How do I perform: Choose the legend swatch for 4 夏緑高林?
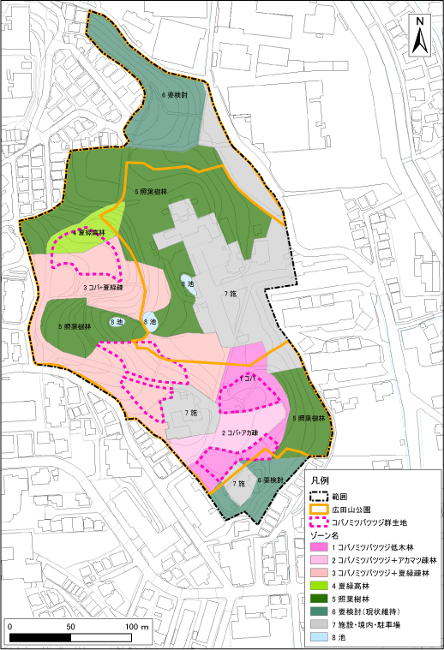coord(320,581)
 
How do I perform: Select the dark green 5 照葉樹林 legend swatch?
coord(320,593)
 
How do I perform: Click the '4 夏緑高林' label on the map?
coord(88,232)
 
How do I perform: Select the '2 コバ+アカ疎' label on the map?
coord(242,434)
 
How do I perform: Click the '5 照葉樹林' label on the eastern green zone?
coord(307,418)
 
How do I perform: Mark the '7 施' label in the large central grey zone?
coord(230,294)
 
